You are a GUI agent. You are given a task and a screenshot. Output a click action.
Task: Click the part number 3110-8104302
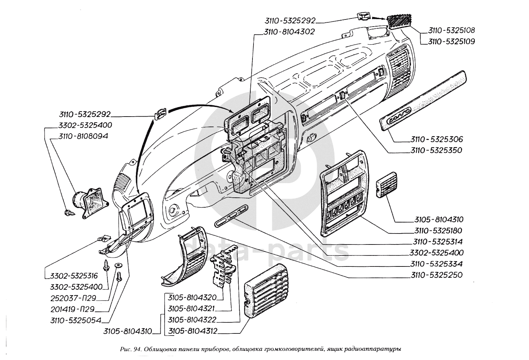coord(289,32)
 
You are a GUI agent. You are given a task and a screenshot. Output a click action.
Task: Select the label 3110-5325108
coord(451,30)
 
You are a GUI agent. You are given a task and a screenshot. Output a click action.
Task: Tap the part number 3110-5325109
coord(451,41)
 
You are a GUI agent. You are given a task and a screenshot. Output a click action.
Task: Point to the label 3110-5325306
coord(437,139)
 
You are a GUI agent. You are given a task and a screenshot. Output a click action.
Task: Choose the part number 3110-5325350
coord(437,150)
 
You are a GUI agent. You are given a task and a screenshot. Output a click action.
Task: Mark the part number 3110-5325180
coord(438,231)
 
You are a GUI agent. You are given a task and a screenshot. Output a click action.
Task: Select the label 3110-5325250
coord(437,275)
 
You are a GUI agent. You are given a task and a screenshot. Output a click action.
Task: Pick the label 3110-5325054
coord(75,320)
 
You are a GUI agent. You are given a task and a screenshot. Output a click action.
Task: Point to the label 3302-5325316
coord(73,276)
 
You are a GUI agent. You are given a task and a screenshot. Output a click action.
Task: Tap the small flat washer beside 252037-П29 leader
coord(118,265)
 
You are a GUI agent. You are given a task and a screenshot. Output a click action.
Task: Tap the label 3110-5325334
coord(437,264)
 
